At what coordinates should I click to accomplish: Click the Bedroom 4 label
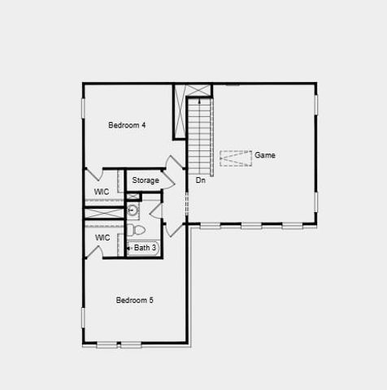[x=127, y=125]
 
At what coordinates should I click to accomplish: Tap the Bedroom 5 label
[x=134, y=300]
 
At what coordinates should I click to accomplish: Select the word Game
[x=265, y=154]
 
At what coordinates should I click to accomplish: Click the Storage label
[x=146, y=180]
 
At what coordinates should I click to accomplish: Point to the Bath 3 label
[x=146, y=248]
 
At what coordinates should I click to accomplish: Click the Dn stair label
[x=200, y=180]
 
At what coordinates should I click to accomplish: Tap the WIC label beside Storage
[x=102, y=192]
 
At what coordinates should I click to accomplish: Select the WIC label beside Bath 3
[x=102, y=237]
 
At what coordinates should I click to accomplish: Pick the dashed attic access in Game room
[x=236, y=158]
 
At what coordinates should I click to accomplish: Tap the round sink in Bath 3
[x=133, y=210]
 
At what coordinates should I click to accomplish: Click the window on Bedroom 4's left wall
[x=83, y=108]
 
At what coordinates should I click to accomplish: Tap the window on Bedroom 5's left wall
[x=83, y=317]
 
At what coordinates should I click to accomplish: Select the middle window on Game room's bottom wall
[x=251, y=225]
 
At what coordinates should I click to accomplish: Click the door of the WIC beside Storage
[x=93, y=175]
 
